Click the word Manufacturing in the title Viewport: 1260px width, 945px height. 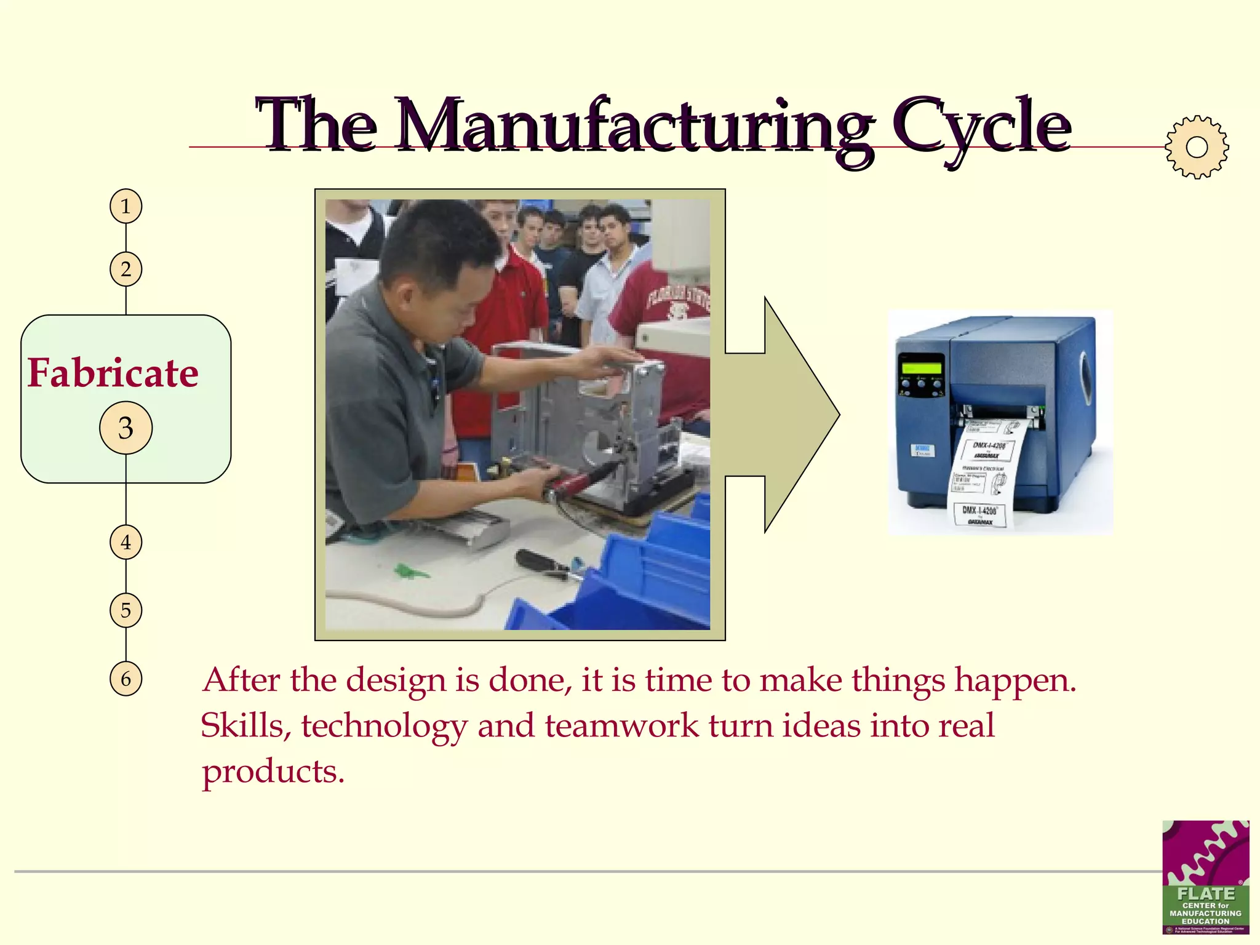(x=634, y=126)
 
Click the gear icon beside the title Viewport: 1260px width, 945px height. (x=1197, y=147)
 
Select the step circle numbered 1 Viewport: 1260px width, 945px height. (x=126, y=206)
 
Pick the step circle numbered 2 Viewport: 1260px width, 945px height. (x=126, y=269)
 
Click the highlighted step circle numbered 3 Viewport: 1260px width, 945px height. (x=126, y=428)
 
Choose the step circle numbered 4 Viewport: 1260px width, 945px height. (x=126, y=543)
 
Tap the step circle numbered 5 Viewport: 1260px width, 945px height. (x=126, y=610)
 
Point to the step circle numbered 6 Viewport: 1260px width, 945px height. (x=126, y=679)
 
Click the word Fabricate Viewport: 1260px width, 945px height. (x=113, y=373)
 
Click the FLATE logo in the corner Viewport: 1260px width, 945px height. (x=1205, y=877)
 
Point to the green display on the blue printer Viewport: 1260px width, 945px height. (x=921, y=367)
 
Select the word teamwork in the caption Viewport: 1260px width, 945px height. (x=621, y=725)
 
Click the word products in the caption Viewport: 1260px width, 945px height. (x=273, y=772)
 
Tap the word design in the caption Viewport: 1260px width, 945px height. (x=395, y=680)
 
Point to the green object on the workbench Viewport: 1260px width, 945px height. (x=411, y=572)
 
